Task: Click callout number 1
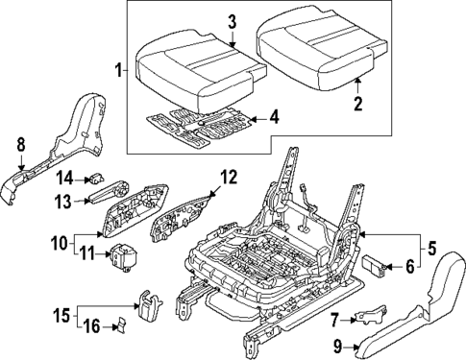(x=118, y=70)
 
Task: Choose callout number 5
(x=432, y=247)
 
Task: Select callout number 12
(x=228, y=176)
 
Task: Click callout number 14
(x=64, y=177)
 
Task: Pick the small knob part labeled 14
(x=97, y=177)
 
